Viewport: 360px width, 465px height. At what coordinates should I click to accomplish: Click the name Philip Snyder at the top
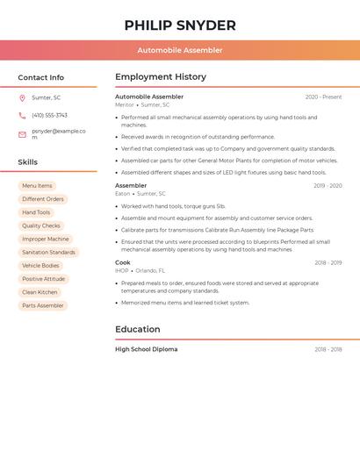point(180,25)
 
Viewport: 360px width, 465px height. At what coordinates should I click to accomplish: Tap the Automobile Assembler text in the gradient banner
point(180,51)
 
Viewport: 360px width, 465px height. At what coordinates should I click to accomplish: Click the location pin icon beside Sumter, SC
point(22,97)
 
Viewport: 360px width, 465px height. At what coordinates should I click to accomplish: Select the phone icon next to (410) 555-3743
point(22,115)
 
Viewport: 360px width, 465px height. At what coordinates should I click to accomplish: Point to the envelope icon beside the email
point(22,134)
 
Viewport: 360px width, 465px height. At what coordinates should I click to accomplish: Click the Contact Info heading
point(40,77)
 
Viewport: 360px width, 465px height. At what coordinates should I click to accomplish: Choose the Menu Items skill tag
point(37,186)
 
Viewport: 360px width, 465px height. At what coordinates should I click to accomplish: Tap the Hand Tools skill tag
point(36,212)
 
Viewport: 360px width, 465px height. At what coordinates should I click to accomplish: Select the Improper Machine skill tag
point(45,239)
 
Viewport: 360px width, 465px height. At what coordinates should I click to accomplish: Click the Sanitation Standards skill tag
point(48,252)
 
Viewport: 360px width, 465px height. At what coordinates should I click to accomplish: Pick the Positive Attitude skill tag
point(43,279)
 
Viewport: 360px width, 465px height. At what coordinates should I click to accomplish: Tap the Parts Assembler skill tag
point(43,305)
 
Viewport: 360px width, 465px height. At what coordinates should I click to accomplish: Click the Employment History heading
point(161,77)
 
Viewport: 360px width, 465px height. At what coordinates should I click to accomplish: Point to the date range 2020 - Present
point(323,97)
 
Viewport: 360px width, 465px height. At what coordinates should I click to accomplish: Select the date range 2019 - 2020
point(327,186)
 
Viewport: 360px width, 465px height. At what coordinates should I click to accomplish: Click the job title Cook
point(123,262)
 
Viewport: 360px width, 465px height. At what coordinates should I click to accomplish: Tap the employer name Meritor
point(125,104)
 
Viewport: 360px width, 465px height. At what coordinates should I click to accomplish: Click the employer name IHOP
point(121,270)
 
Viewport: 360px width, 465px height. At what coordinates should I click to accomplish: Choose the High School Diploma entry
point(146,349)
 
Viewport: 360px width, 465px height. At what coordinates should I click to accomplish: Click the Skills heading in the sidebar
point(28,162)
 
